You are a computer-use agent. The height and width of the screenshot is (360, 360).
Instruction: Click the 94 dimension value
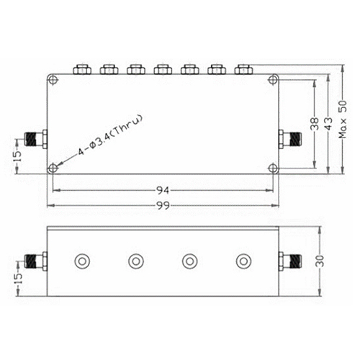[163, 190]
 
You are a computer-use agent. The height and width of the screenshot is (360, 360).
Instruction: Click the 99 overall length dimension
[163, 205]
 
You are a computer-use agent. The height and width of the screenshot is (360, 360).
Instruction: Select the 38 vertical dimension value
[315, 124]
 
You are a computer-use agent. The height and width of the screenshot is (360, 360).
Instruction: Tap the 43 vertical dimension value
[329, 124]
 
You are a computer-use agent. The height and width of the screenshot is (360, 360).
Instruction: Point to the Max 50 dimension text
[343, 120]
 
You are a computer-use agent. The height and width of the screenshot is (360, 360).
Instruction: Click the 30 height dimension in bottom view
[320, 261]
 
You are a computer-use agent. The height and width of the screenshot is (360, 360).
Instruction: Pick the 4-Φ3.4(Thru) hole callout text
[111, 135]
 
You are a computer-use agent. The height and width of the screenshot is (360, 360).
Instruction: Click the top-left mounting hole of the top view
[53, 80]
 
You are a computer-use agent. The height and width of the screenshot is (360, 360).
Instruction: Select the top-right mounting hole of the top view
[273, 80]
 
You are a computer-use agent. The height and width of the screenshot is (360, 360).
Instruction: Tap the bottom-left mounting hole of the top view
[53, 168]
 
